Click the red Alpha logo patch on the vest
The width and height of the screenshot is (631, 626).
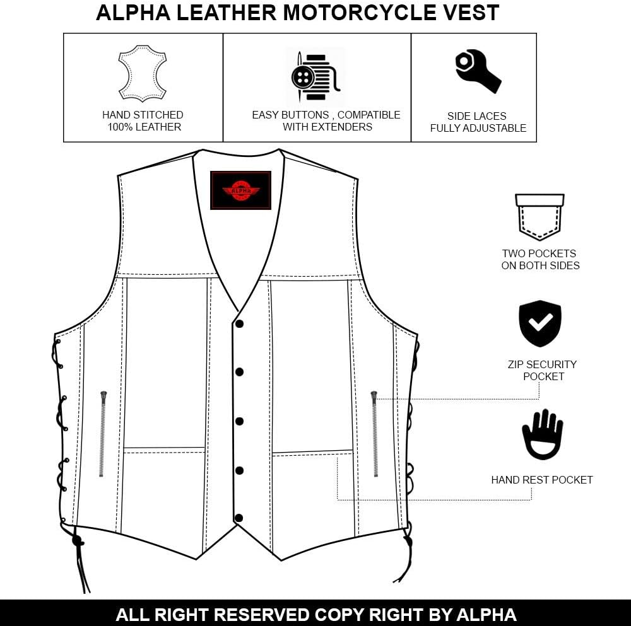[240, 190]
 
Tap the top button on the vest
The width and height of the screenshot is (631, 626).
[239, 324]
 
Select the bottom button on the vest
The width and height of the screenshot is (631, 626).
[239, 518]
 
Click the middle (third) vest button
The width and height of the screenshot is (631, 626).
[239, 420]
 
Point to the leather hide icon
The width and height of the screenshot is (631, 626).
[143, 73]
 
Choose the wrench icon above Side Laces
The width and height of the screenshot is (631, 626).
[478, 71]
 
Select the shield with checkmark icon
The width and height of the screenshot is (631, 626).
[540, 323]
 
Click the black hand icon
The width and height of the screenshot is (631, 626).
[542, 434]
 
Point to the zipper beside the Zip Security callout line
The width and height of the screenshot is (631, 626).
[374, 433]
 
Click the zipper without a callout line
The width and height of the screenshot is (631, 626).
[103, 433]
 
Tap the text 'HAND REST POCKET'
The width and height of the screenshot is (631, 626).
[542, 480]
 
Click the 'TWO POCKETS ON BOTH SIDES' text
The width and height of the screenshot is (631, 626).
[540, 260]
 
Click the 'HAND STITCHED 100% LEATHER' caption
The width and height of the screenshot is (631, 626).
[143, 121]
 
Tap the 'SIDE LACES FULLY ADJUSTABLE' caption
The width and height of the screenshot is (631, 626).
[478, 122]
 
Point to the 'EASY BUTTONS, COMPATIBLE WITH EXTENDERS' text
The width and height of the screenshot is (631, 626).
[326, 120]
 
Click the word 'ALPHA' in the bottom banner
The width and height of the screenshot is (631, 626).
[485, 615]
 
